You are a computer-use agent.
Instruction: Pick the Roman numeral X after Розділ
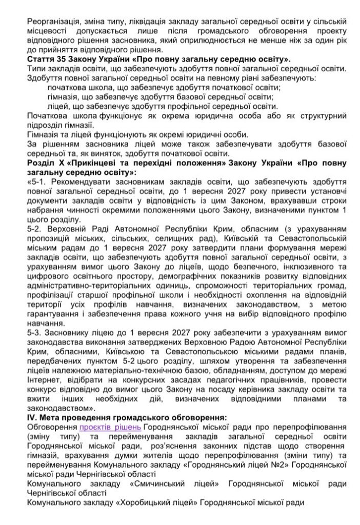click(x=63, y=162)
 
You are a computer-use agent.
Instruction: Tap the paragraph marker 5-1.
click(x=38, y=181)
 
